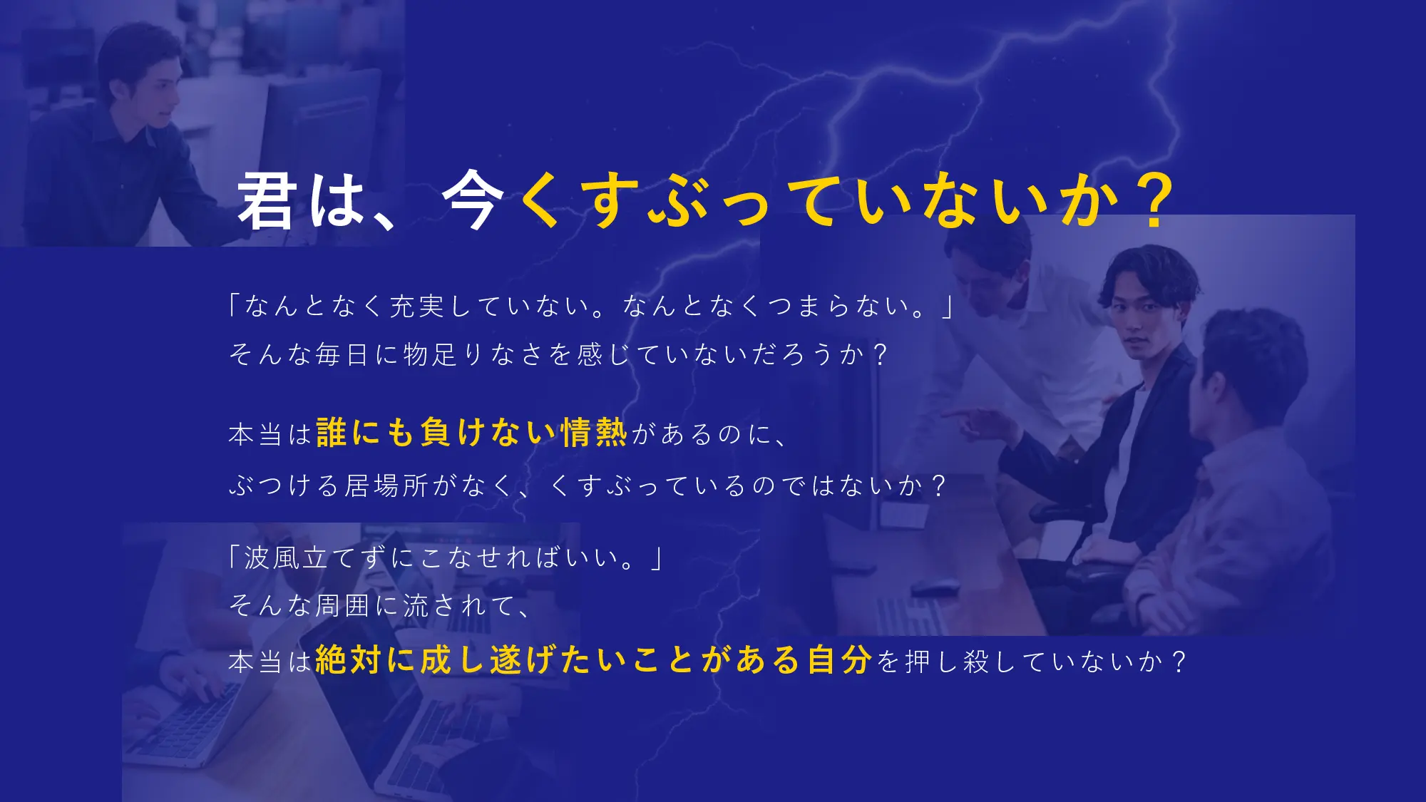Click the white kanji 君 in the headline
pyautogui.click(x=267, y=201)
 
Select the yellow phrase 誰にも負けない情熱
pyautogui.click(x=471, y=433)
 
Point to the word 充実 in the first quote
pyautogui.click(x=417, y=306)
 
